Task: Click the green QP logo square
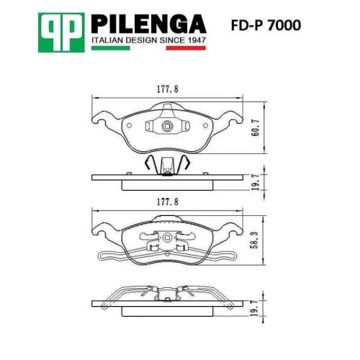[61, 32]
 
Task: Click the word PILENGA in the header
[148, 24]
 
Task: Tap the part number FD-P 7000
[266, 25]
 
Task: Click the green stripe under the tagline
[111, 48]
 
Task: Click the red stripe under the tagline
[186, 48]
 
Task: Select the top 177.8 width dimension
[168, 89]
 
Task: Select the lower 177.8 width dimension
[168, 202]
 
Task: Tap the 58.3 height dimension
[255, 240]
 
